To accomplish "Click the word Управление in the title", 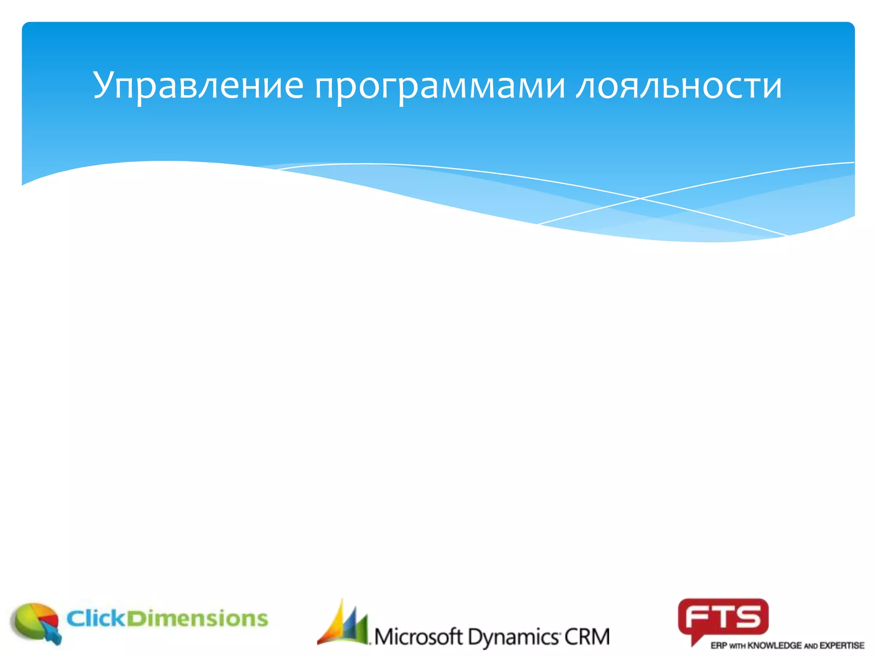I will tap(198, 86).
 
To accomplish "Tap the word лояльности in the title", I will tap(679, 86).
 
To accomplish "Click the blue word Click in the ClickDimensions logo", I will tap(96, 619).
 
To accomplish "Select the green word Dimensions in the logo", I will tap(198, 619).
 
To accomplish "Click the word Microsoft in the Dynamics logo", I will tap(418, 637).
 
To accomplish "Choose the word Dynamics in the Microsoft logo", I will tap(513, 638).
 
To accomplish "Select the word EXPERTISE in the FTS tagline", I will tap(842, 645).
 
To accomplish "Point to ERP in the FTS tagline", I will tap(719, 645).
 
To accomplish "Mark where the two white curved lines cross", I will tap(640, 198).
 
